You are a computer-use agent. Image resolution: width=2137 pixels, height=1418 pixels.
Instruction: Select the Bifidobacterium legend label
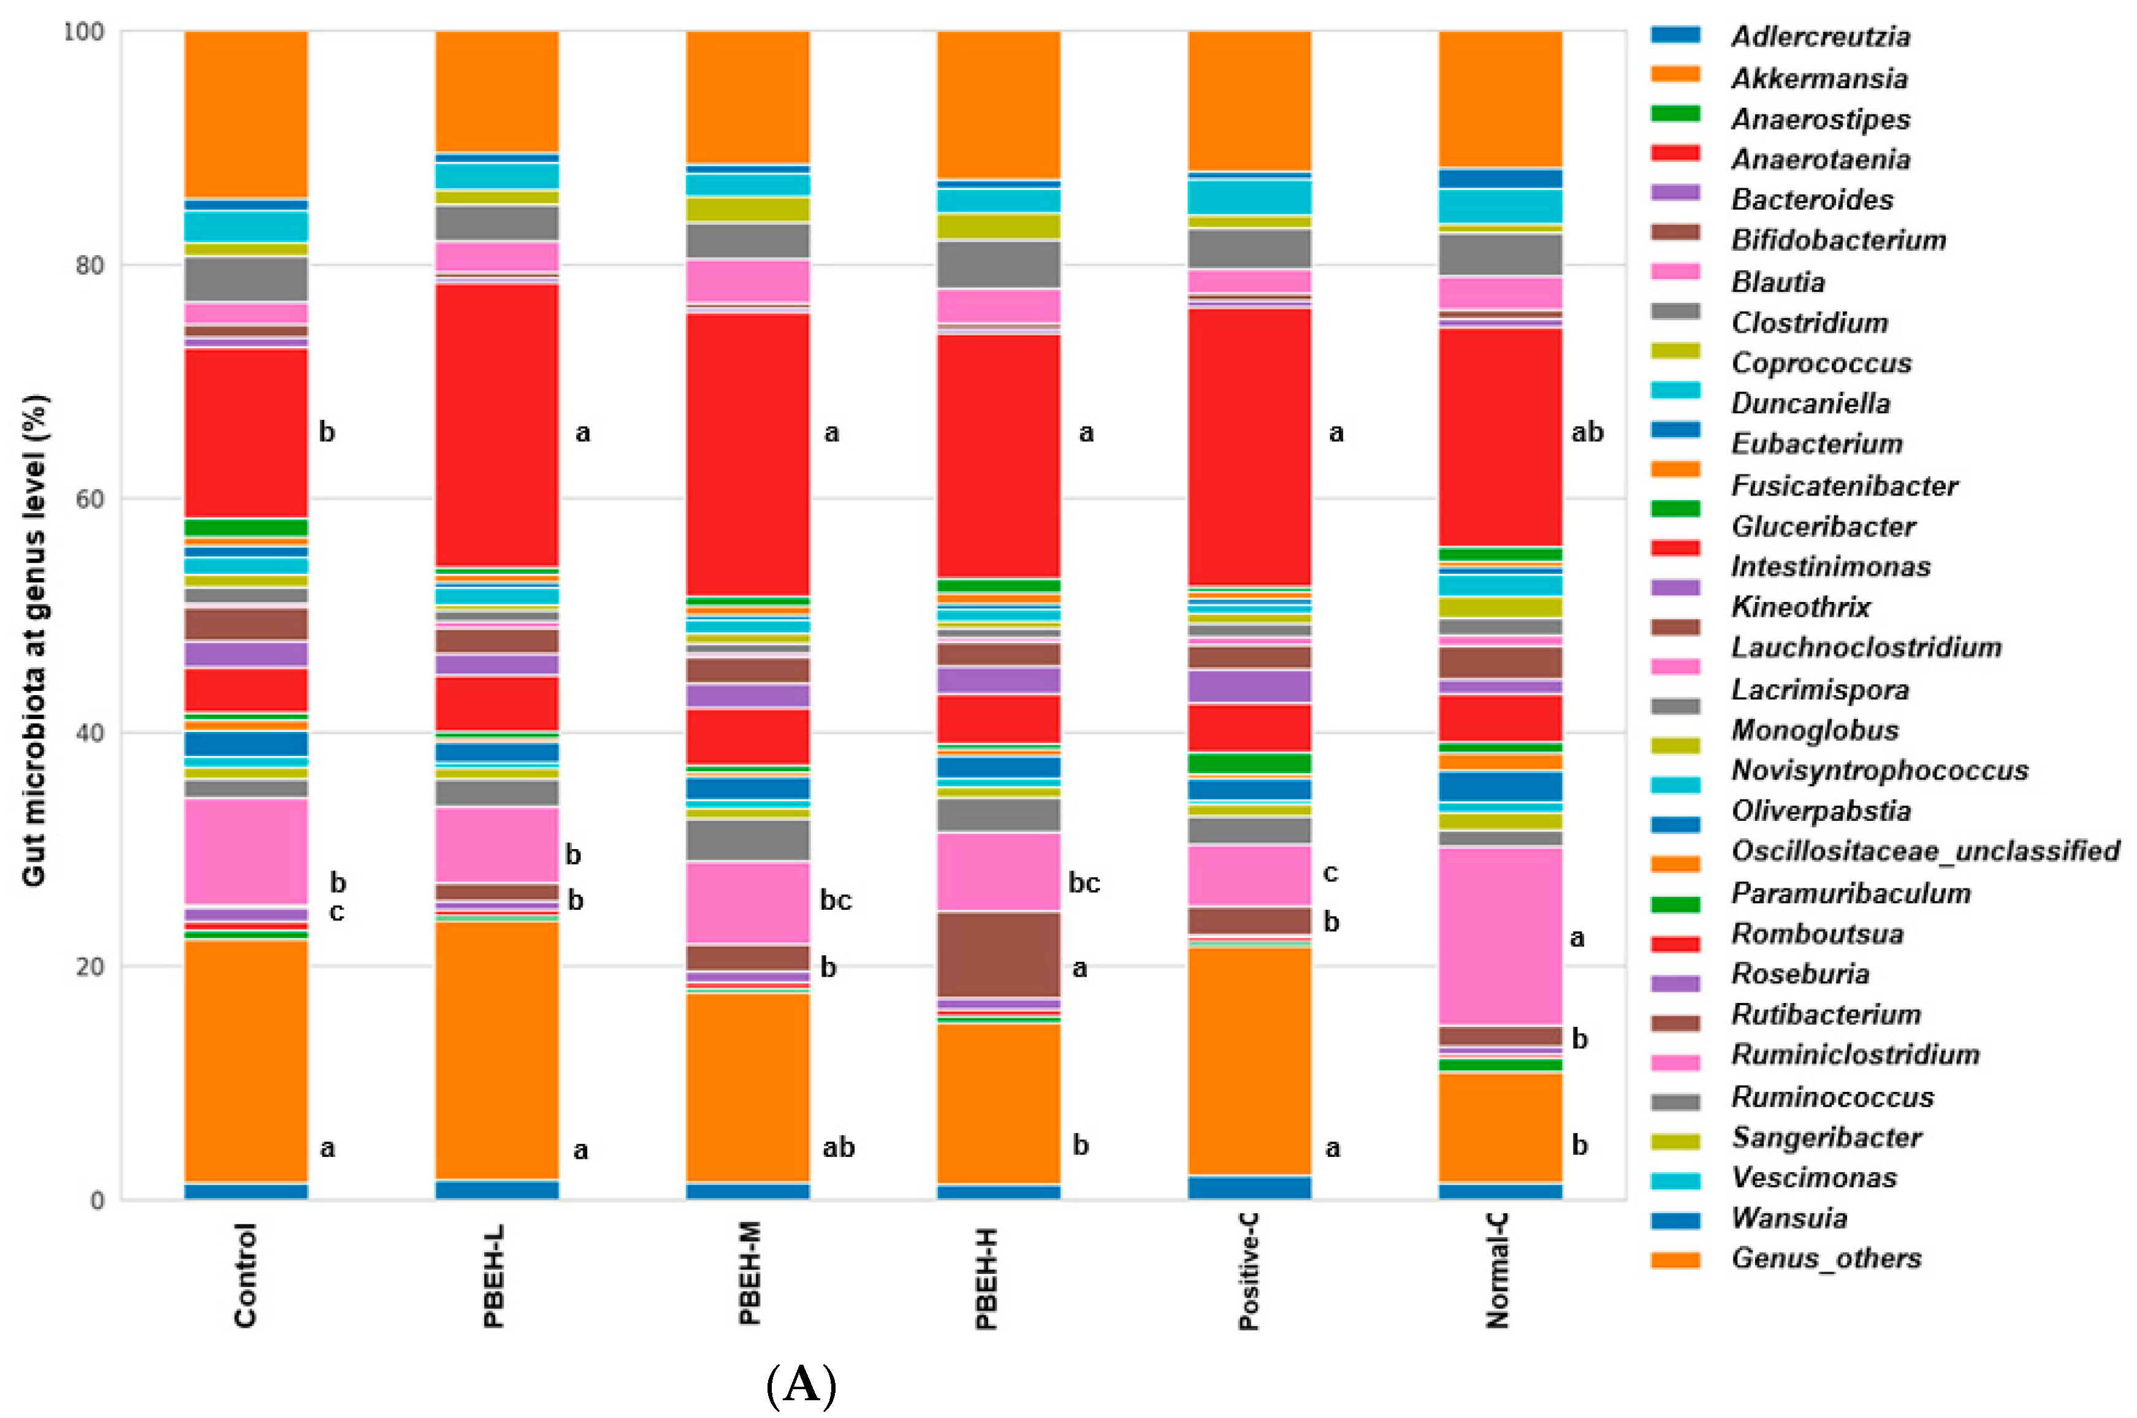click(x=1838, y=240)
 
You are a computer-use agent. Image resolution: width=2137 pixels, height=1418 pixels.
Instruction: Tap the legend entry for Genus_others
click(x=1825, y=1258)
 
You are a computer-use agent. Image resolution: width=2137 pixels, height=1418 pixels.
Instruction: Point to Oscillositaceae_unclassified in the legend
click(x=1924, y=851)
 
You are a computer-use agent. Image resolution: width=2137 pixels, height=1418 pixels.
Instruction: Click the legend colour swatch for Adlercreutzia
click(x=1675, y=36)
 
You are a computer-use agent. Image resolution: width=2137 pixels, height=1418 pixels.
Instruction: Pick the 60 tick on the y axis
click(x=90, y=499)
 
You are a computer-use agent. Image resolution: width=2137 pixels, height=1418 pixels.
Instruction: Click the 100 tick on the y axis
click(x=83, y=32)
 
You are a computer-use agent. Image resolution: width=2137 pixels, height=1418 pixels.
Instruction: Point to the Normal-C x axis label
click(x=1497, y=1271)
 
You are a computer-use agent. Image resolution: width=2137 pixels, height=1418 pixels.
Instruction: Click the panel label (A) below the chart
click(x=801, y=1384)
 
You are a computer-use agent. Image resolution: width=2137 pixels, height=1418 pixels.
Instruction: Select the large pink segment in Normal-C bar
click(x=1500, y=936)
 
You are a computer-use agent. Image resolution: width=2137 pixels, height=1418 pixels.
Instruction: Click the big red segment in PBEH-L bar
click(x=497, y=425)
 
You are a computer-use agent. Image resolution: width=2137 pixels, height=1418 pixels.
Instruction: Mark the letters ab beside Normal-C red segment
click(x=1587, y=432)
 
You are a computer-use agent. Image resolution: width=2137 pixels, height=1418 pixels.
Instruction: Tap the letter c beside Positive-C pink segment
click(x=1330, y=872)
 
